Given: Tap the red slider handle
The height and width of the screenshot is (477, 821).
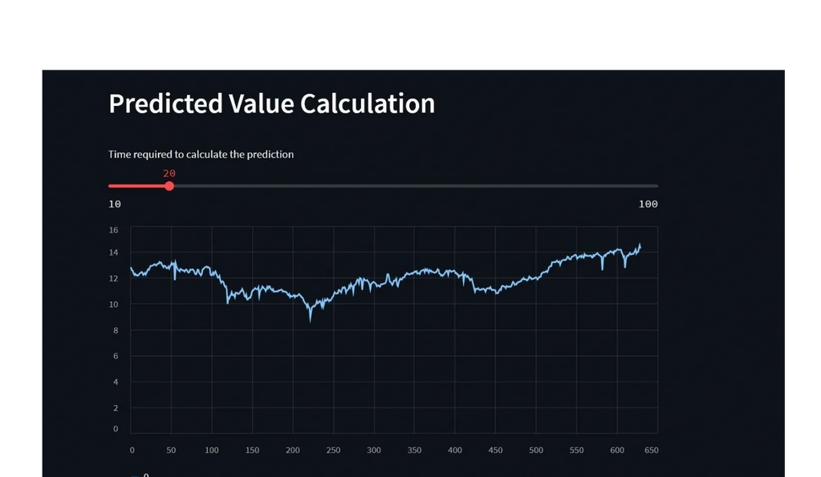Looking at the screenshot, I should tap(169, 186).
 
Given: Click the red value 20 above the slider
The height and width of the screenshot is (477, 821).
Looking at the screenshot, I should tap(169, 173).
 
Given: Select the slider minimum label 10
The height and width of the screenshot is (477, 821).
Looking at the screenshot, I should tap(115, 204).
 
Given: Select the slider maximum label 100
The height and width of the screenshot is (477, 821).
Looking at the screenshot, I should tap(648, 204).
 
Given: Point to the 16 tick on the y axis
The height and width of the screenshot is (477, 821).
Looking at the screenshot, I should tap(113, 230).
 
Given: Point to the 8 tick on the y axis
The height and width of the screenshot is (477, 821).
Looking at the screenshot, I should tap(115, 330).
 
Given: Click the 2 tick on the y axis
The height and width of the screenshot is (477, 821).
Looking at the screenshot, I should tap(115, 408).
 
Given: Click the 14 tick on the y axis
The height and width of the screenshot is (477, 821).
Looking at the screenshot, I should tap(113, 253).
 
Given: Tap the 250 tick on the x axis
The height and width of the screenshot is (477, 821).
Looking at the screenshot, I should tap(333, 451).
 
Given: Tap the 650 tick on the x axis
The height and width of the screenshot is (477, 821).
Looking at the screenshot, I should tap(651, 451).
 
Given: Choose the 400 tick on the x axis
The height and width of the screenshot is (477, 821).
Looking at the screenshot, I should tap(455, 451).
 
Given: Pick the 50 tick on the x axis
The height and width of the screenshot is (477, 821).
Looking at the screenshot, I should tap(171, 451).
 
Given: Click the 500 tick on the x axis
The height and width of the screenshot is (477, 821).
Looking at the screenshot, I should tap(535, 451).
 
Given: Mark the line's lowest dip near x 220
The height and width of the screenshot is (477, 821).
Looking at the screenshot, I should tap(311, 320).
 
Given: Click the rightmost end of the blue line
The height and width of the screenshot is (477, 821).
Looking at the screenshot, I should tap(640, 245).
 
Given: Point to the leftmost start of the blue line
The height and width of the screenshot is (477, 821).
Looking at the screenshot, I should tap(131, 268).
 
